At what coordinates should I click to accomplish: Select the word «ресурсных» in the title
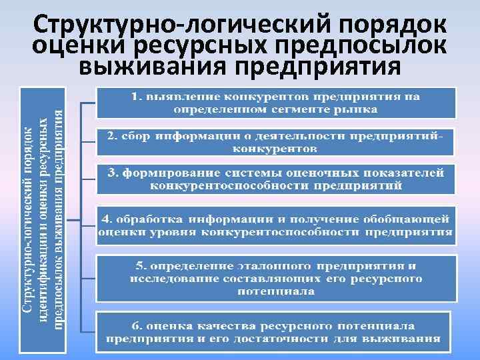[x=203, y=47]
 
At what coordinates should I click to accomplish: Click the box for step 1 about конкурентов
[x=275, y=102]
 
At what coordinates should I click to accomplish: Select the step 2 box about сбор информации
[x=275, y=141]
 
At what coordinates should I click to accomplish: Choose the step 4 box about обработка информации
[x=275, y=225]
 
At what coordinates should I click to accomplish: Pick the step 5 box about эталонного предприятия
[x=275, y=275]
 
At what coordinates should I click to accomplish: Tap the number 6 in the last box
[x=135, y=326]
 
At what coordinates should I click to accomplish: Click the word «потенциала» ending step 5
[x=275, y=291]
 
